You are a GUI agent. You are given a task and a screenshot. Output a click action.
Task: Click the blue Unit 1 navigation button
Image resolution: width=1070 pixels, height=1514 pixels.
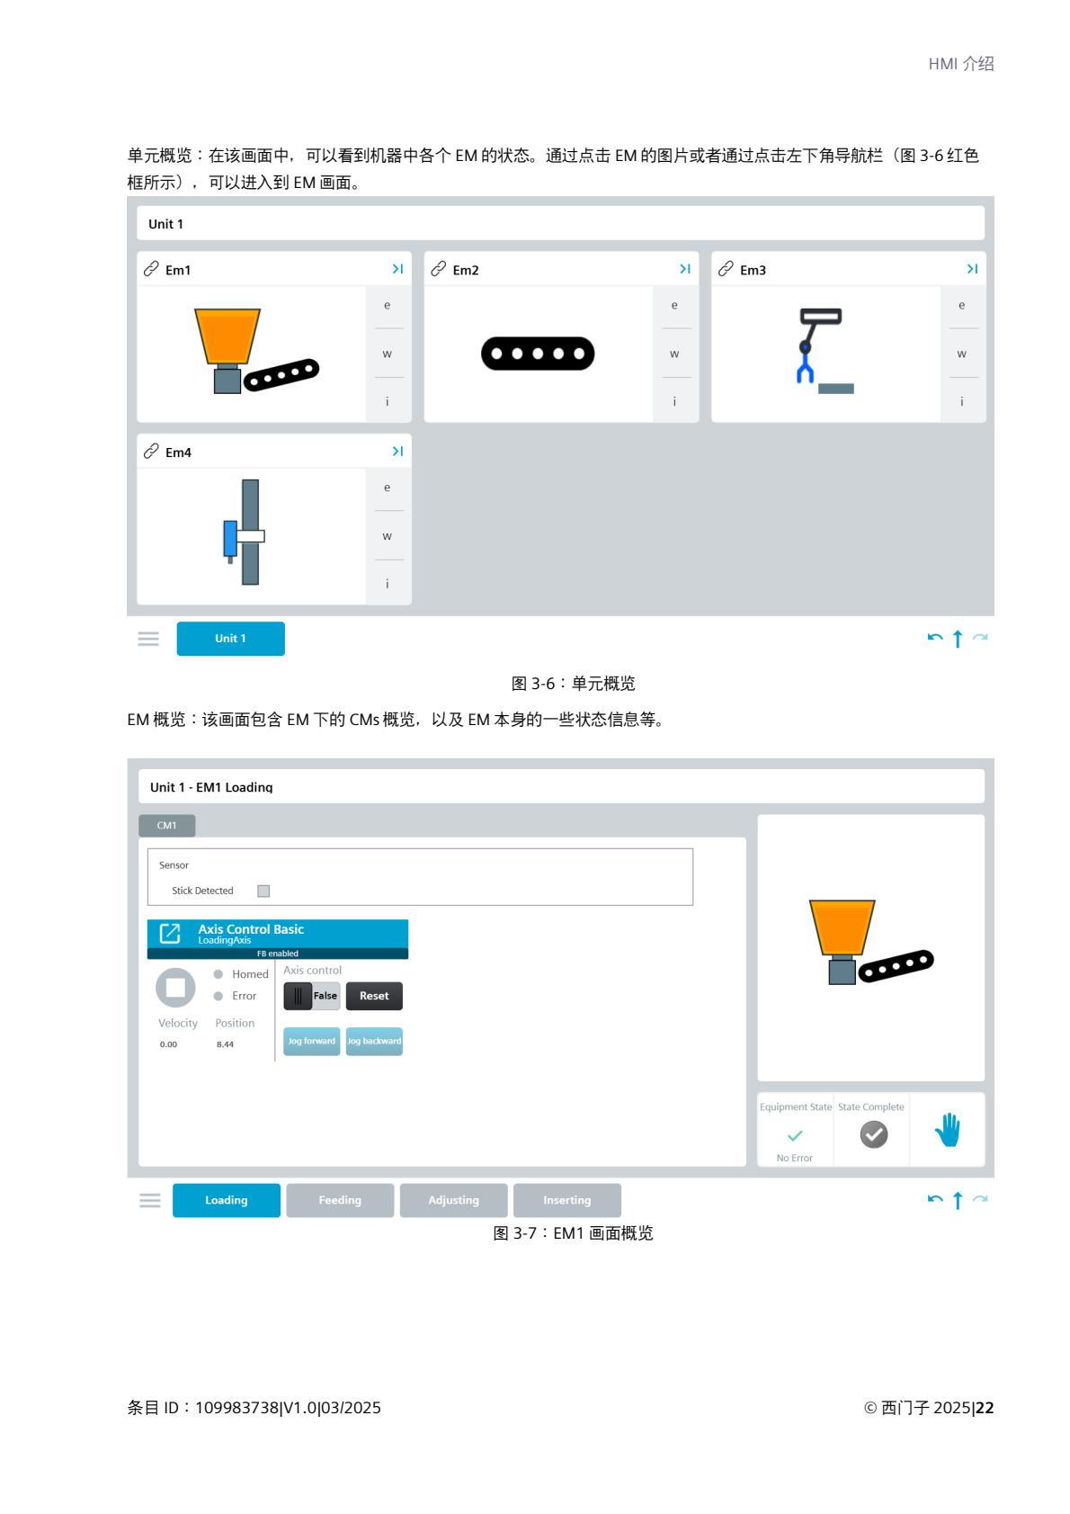(x=230, y=638)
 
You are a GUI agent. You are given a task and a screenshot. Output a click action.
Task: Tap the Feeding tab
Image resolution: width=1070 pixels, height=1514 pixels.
(x=340, y=1200)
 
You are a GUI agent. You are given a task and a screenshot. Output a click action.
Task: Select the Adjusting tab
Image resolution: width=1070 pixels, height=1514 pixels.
(x=453, y=1200)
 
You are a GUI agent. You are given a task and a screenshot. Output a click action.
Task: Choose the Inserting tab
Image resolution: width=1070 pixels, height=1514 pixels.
(x=566, y=1200)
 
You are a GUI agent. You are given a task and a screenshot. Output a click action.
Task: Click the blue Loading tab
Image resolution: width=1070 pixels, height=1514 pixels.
(x=227, y=1200)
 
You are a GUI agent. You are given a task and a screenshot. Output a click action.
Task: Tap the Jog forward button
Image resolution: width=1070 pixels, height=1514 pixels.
(x=311, y=1041)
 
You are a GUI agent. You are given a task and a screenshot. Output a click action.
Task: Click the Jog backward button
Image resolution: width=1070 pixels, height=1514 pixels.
(x=374, y=1041)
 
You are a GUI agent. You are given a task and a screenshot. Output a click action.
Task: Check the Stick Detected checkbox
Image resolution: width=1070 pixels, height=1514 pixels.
(x=263, y=891)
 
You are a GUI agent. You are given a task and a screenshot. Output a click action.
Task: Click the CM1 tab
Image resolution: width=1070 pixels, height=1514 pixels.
(x=167, y=825)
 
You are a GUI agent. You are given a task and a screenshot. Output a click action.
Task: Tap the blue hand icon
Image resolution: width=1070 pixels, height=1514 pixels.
(x=948, y=1129)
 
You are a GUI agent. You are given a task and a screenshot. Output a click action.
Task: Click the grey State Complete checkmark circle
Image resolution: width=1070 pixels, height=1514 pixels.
(x=873, y=1134)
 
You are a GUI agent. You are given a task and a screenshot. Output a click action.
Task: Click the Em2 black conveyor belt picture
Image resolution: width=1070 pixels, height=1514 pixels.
(x=538, y=354)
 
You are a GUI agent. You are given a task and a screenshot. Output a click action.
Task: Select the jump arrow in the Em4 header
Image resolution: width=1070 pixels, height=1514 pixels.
(x=397, y=451)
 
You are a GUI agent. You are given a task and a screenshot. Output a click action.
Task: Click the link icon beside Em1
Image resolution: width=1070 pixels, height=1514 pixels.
(x=151, y=269)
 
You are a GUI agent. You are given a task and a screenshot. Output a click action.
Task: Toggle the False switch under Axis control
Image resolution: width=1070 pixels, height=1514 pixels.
(x=311, y=996)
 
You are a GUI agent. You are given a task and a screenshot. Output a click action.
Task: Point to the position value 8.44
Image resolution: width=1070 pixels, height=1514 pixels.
(x=225, y=1044)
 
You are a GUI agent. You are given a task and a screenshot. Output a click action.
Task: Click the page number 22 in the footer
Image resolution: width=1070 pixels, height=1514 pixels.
(x=985, y=1407)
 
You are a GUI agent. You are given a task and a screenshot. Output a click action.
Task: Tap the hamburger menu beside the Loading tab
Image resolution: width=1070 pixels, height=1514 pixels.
(x=150, y=1200)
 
